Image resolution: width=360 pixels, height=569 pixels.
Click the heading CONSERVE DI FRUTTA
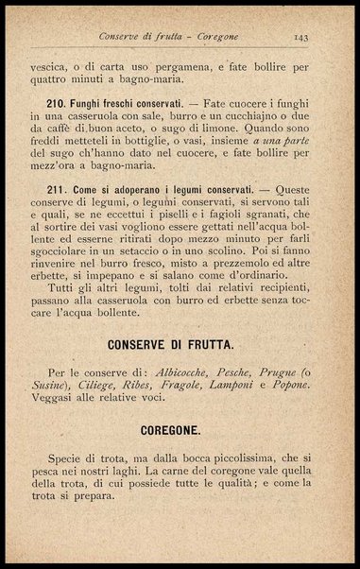[179, 343]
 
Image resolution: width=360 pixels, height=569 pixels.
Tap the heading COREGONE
[179, 430]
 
